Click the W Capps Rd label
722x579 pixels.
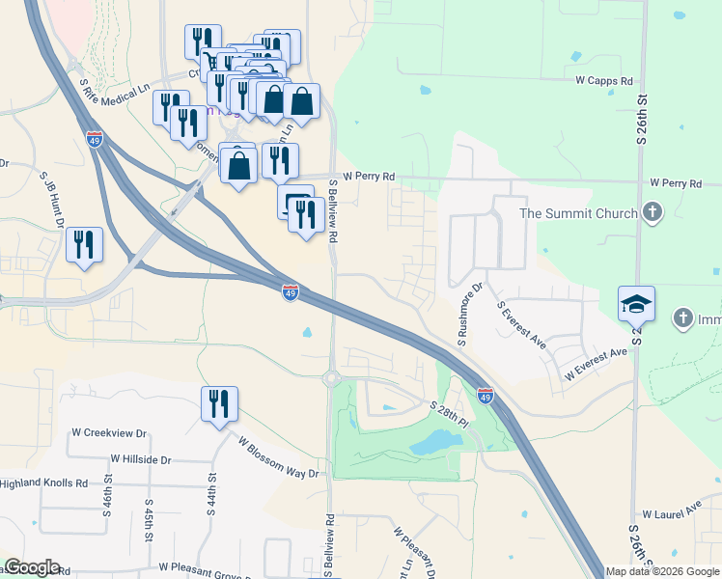pyautogui.click(x=603, y=81)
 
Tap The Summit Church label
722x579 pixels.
pyautogui.click(x=578, y=213)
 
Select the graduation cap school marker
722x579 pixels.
pyautogui.click(x=636, y=304)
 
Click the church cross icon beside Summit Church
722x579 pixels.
pyautogui.click(x=653, y=213)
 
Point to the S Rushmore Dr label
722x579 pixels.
pyautogui.click(x=469, y=315)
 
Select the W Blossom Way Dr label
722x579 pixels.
pyautogui.click(x=278, y=457)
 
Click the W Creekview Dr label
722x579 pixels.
pyautogui.click(x=108, y=433)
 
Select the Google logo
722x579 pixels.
pyautogui.click(x=32, y=567)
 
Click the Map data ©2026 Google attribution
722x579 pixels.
pyautogui.click(x=663, y=571)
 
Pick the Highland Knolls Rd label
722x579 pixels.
pyautogui.click(x=43, y=482)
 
